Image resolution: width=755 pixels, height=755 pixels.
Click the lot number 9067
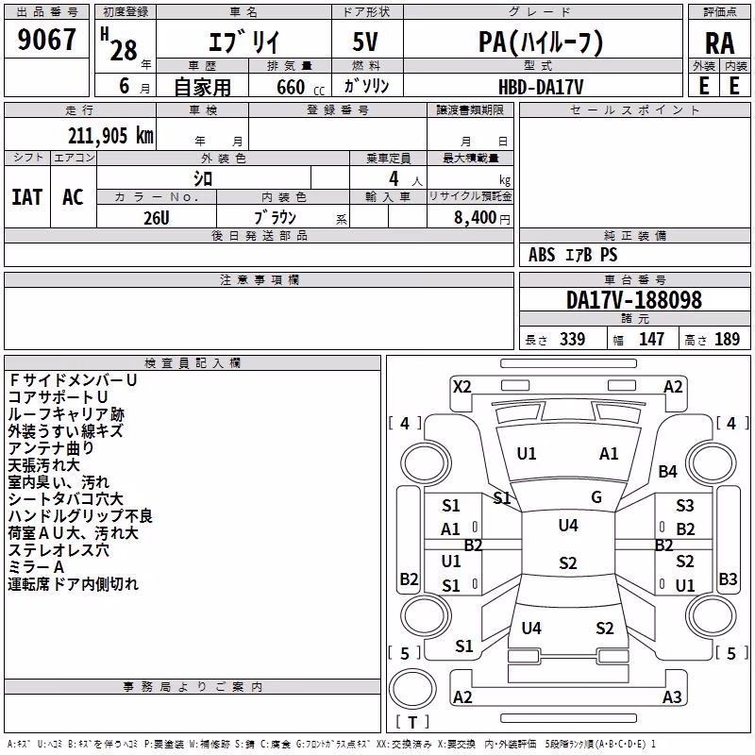click(x=46, y=40)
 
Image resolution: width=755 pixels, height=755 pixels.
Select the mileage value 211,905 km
click(x=110, y=136)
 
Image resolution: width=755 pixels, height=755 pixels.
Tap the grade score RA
click(x=719, y=43)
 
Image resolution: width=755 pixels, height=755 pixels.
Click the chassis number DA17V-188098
click(x=633, y=300)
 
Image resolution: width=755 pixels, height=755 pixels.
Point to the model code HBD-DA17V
click(x=541, y=87)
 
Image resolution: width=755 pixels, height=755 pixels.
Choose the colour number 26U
click(x=157, y=218)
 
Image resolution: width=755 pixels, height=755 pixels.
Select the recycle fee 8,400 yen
click(x=481, y=218)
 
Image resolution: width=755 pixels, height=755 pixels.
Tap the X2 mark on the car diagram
click(x=461, y=387)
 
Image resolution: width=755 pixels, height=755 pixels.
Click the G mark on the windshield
click(x=596, y=497)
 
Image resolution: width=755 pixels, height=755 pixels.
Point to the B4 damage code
click(x=667, y=471)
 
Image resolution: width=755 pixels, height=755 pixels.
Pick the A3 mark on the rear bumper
click(x=672, y=696)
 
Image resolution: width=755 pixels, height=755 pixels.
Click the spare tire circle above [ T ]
click(x=412, y=689)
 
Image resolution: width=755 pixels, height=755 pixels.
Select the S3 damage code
click(x=684, y=506)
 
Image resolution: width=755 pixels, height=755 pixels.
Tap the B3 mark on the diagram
click(x=728, y=579)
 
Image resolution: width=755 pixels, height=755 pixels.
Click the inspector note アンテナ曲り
click(x=51, y=448)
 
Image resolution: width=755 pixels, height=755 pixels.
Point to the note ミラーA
click(x=36, y=567)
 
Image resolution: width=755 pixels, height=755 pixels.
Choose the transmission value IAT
click(x=26, y=197)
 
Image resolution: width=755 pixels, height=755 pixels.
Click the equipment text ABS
click(x=542, y=255)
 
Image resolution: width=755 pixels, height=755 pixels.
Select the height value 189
click(x=727, y=340)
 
